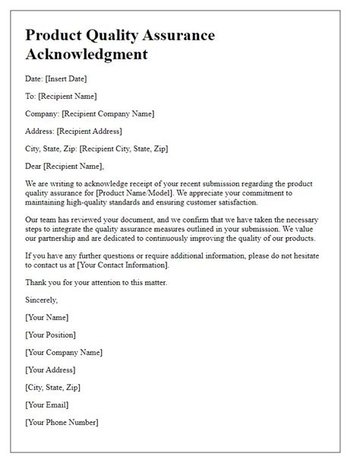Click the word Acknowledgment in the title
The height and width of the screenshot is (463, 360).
point(87,55)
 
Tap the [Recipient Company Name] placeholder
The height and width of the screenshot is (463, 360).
point(109,113)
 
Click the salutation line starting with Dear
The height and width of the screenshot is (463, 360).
point(64,166)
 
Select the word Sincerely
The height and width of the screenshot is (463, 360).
point(43,300)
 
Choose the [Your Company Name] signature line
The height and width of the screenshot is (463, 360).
point(64,352)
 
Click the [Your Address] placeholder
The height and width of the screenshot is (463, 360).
point(51,369)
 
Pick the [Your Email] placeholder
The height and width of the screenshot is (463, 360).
point(48,404)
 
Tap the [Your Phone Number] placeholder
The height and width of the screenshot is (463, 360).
point(62,422)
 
